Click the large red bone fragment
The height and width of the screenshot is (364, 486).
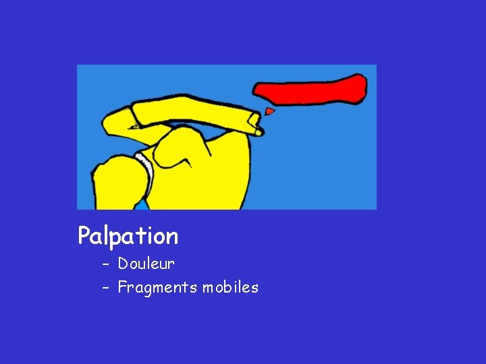[x=310, y=90]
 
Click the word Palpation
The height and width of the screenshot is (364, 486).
[x=128, y=237]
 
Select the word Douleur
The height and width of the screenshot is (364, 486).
[x=146, y=264]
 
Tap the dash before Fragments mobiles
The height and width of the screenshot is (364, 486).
[x=105, y=288]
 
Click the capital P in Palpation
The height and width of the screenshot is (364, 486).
[x=84, y=236]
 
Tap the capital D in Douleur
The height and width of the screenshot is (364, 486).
[x=123, y=264]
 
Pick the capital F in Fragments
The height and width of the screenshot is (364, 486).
[x=122, y=287]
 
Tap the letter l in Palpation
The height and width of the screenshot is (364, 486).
[x=106, y=235]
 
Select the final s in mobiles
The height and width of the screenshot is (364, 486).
[x=255, y=288]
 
